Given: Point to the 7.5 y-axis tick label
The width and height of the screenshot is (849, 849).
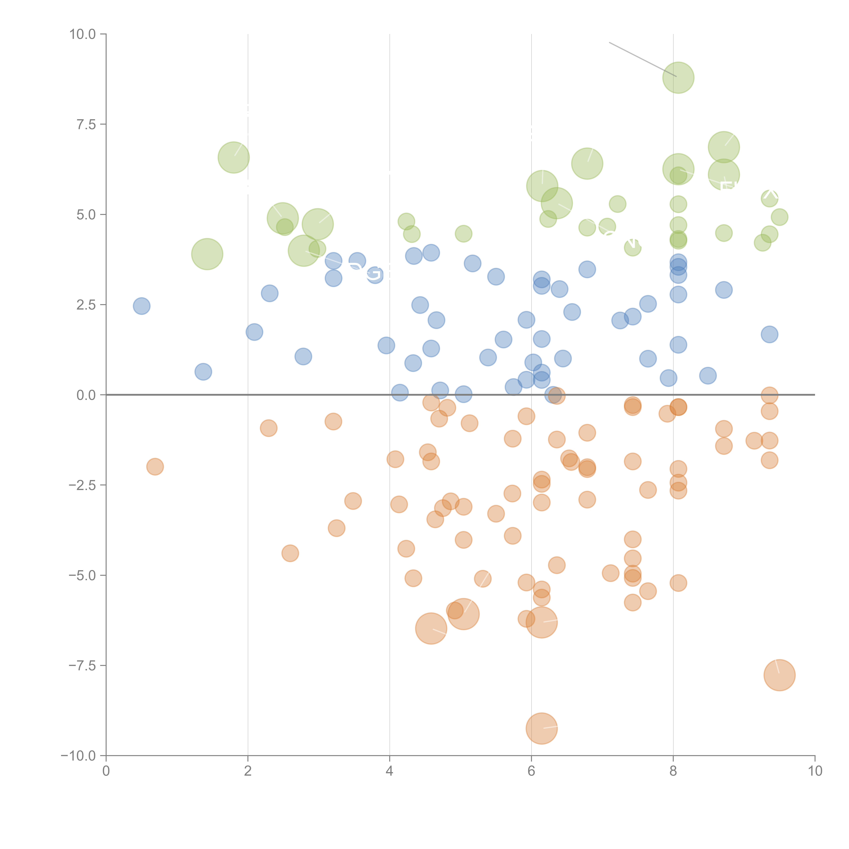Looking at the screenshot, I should coord(86,124).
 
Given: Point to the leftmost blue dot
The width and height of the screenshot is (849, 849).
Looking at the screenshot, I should coord(141,306).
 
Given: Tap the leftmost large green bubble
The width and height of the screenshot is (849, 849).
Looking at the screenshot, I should coord(207,254).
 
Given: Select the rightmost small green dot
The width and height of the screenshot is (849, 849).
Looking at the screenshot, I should coord(779,217).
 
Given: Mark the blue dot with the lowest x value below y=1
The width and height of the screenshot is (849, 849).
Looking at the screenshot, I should coord(203,372).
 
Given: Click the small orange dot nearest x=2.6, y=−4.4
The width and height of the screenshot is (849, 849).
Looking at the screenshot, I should coord(290,553).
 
